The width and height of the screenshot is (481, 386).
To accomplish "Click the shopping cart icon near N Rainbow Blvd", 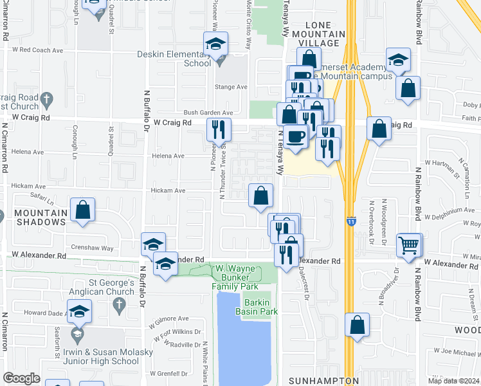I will click(x=409, y=245).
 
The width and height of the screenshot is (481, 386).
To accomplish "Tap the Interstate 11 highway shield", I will click(x=350, y=221).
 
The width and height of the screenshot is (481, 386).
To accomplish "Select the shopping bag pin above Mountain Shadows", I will click(x=83, y=210).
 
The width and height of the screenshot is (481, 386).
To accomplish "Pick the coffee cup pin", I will click(x=296, y=137).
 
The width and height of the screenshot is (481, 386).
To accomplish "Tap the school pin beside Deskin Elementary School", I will click(x=216, y=44).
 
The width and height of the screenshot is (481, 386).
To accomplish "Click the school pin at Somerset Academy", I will click(x=399, y=61).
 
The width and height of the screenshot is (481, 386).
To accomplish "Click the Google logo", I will click(x=21, y=378).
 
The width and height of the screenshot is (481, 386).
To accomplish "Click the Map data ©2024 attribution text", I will click(x=454, y=381).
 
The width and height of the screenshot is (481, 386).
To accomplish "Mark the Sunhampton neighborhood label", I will click(x=323, y=380).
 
